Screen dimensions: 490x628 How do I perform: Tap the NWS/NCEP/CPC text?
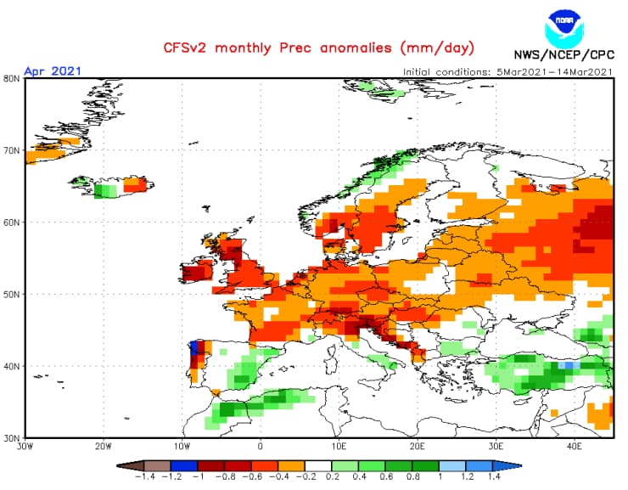click(x=564, y=59)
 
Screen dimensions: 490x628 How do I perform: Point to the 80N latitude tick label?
click(x=11, y=78)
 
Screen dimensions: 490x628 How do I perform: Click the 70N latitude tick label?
click(x=11, y=150)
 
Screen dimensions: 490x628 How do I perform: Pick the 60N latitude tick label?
click(x=11, y=222)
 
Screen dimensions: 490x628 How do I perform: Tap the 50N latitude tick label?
click(x=11, y=295)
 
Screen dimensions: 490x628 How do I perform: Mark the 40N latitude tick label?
click(x=11, y=366)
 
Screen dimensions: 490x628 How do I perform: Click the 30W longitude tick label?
click(x=25, y=445)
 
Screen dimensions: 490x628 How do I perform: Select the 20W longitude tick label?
click(x=104, y=445)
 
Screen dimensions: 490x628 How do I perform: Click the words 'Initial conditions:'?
click(x=446, y=71)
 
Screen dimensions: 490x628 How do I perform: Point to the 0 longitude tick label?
click(x=260, y=445)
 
